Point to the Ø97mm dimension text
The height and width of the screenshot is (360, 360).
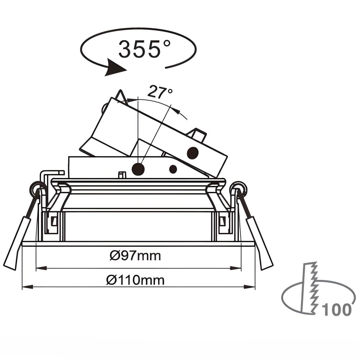point(135,256)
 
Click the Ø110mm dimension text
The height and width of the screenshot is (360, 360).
point(135,280)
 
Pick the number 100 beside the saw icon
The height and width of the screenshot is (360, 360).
point(336,310)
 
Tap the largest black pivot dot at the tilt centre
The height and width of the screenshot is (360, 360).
point(138,169)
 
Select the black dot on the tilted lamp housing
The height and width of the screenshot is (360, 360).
point(192,153)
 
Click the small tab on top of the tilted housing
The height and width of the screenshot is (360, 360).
point(198,134)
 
